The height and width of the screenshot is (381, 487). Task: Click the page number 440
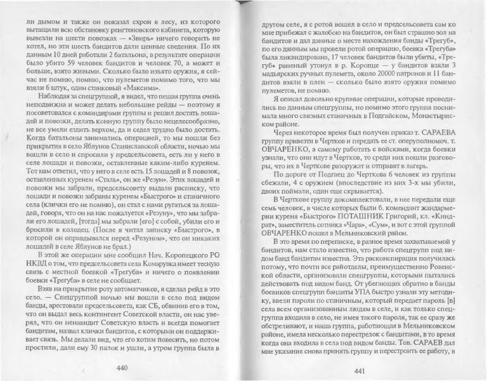[x=123, y=370]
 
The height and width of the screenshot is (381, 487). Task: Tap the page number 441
[x=362, y=371]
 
